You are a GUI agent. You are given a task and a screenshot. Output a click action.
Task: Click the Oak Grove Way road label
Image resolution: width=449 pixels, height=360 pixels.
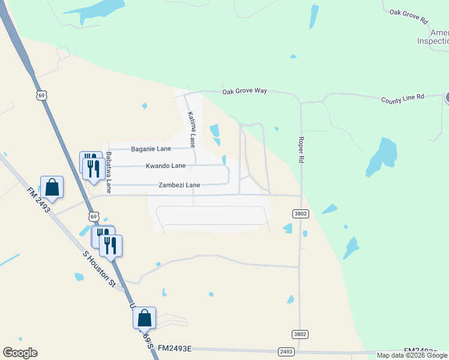244,91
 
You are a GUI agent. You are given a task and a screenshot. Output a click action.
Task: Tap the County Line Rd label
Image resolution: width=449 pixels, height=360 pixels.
402,97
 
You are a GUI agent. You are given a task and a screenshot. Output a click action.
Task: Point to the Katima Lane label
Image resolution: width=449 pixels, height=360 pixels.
191,129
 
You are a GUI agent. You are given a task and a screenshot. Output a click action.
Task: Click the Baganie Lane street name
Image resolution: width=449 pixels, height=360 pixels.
151,148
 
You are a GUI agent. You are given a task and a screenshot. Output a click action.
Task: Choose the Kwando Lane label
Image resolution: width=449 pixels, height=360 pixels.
166,166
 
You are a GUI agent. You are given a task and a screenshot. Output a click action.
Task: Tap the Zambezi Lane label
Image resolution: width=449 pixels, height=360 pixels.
179,185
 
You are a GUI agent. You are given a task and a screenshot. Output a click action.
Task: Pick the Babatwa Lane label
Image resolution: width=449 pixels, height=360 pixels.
109,172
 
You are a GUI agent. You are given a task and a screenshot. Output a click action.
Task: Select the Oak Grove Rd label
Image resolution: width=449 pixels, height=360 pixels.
408,16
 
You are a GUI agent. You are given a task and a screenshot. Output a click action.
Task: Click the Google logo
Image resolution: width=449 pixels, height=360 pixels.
20,353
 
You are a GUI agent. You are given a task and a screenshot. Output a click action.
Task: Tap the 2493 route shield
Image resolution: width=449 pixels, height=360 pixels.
286,352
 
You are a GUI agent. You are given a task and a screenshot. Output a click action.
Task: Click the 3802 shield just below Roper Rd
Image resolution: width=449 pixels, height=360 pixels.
300,214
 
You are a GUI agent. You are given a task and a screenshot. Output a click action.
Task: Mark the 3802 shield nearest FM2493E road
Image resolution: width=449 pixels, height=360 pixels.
300,334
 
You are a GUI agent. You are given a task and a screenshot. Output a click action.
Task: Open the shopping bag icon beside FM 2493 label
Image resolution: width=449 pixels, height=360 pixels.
52,187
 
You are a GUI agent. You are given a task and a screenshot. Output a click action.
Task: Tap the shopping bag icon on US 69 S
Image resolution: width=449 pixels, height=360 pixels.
145,318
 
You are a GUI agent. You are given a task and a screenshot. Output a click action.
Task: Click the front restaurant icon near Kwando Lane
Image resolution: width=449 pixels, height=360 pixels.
94,168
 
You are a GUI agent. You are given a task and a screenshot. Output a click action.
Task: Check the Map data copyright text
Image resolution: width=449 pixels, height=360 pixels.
412,355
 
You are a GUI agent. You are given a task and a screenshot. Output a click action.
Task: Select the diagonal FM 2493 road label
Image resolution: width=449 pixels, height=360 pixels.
40,201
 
